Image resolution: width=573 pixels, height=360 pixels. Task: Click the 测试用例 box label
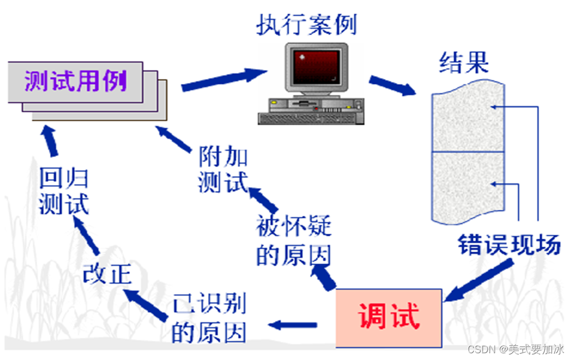76,83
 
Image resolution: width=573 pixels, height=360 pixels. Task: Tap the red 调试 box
389,317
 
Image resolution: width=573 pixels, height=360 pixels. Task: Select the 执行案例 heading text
306,25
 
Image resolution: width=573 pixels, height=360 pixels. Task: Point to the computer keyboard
310,117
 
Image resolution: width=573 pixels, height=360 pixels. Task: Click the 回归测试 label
64,192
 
